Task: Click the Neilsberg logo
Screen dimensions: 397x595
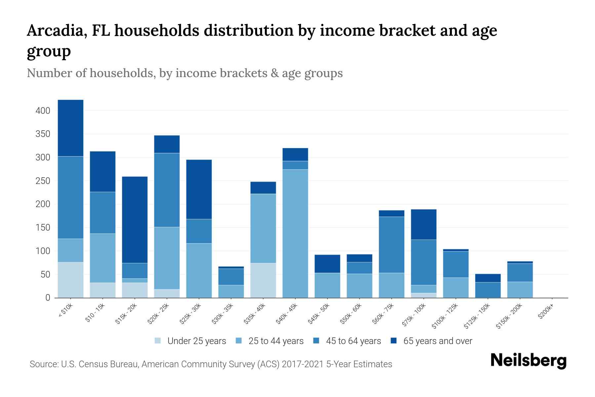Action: [528, 361]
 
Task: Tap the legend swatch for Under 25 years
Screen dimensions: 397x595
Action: [158, 341]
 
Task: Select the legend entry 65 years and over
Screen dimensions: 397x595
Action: [437, 341]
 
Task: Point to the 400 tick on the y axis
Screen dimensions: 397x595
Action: [43, 110]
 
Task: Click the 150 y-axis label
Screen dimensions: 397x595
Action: [43, 228]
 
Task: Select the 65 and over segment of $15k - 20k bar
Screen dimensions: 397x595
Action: [135, 220]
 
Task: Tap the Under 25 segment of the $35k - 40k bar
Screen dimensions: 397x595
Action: [263, 280]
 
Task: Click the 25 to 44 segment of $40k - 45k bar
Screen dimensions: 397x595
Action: [295, 234]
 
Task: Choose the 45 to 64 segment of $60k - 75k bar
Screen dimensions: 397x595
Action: [391, 245]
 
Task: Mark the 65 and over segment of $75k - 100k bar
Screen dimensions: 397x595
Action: [423, 224]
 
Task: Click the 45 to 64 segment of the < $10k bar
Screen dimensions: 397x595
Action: [70, 198]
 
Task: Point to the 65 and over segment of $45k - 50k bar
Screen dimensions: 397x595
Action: [327, 264]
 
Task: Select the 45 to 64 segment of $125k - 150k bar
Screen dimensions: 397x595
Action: [488, 290]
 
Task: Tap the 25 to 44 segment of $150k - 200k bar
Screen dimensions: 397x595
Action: [520, 290]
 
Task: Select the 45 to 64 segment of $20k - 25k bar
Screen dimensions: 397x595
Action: [167, 190]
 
